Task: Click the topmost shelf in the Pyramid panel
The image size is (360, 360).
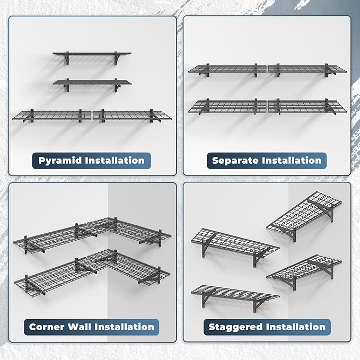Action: (92, 54)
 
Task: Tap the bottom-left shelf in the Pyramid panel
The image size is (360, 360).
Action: (52, 114)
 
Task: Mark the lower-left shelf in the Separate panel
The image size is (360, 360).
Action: (227, 106)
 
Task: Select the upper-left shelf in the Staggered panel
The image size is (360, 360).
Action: (233, 242)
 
